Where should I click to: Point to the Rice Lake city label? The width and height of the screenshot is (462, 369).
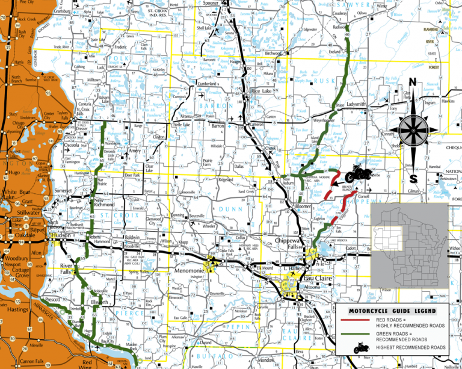tap(262, 91)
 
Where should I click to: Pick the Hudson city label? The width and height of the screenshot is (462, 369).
tap(61, 236)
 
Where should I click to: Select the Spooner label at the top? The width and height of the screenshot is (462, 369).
tap(227, 3)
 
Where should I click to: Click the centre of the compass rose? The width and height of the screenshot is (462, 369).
tap(412, 129)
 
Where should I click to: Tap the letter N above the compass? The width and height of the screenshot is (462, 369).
tap(413, 83)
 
